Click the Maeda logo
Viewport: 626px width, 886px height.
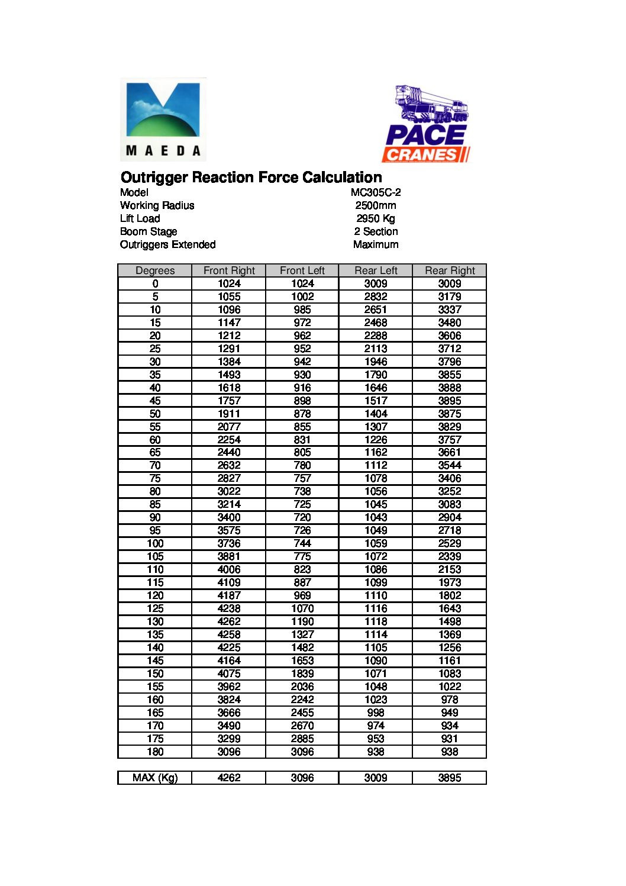pos(163,120)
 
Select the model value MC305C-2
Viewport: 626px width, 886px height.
pos(376,192)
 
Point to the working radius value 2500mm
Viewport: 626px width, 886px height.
pos(376,205)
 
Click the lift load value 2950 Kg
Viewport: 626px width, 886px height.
pos(376,218)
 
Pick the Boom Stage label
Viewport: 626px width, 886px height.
pos(149,231)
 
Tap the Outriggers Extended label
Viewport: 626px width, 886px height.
pos(167,244)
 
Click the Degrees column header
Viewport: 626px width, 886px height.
pos(155,270)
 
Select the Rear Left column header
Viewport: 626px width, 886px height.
pos(376,270)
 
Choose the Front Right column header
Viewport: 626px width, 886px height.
pos(229,270)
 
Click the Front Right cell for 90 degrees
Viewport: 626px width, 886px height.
pos(229,517)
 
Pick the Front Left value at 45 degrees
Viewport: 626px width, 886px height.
pos(302,401)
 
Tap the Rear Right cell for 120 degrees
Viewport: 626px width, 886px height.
pos(450,595)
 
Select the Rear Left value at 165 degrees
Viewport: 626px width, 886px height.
pos(376,713)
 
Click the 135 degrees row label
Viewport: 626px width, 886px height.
pos(155,634)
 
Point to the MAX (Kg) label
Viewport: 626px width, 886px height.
pos(155,778)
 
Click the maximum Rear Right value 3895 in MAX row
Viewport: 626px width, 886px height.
pos(450,778)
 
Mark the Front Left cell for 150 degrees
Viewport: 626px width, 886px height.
pos(302,674)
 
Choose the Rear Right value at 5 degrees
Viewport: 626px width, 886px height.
pos(450,297)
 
